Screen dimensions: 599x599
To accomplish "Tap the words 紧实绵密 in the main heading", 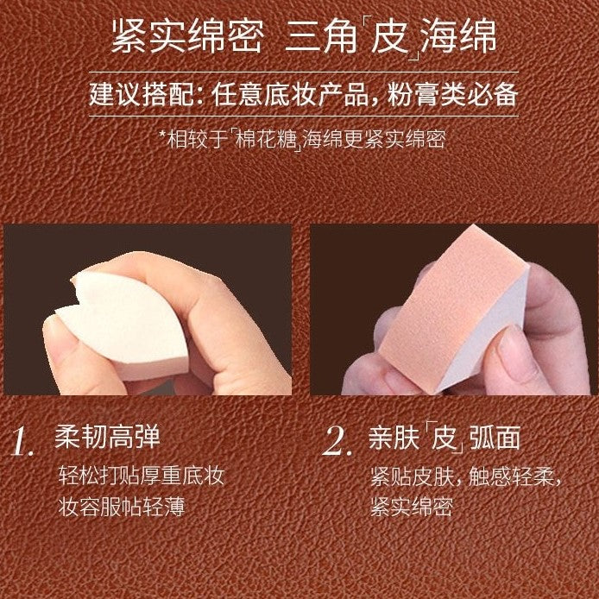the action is pos(187,36).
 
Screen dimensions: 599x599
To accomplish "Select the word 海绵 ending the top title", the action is pos(458,36).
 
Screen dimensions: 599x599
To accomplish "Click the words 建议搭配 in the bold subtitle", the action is pos(142,94).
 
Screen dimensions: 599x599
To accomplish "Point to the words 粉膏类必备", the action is pos(452,94).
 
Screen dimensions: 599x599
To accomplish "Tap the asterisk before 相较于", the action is pos(162,135).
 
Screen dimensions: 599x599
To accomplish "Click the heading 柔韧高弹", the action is pos(107,437).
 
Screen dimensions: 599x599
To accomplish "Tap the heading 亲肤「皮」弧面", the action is pos(445,438).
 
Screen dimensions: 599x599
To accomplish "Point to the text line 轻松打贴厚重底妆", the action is pos(141,476).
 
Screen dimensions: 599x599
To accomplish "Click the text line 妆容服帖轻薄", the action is pos(122,507).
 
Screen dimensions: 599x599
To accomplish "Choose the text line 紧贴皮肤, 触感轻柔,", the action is pos(466,476).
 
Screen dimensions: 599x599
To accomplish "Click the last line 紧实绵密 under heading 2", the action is pos(412,507).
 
